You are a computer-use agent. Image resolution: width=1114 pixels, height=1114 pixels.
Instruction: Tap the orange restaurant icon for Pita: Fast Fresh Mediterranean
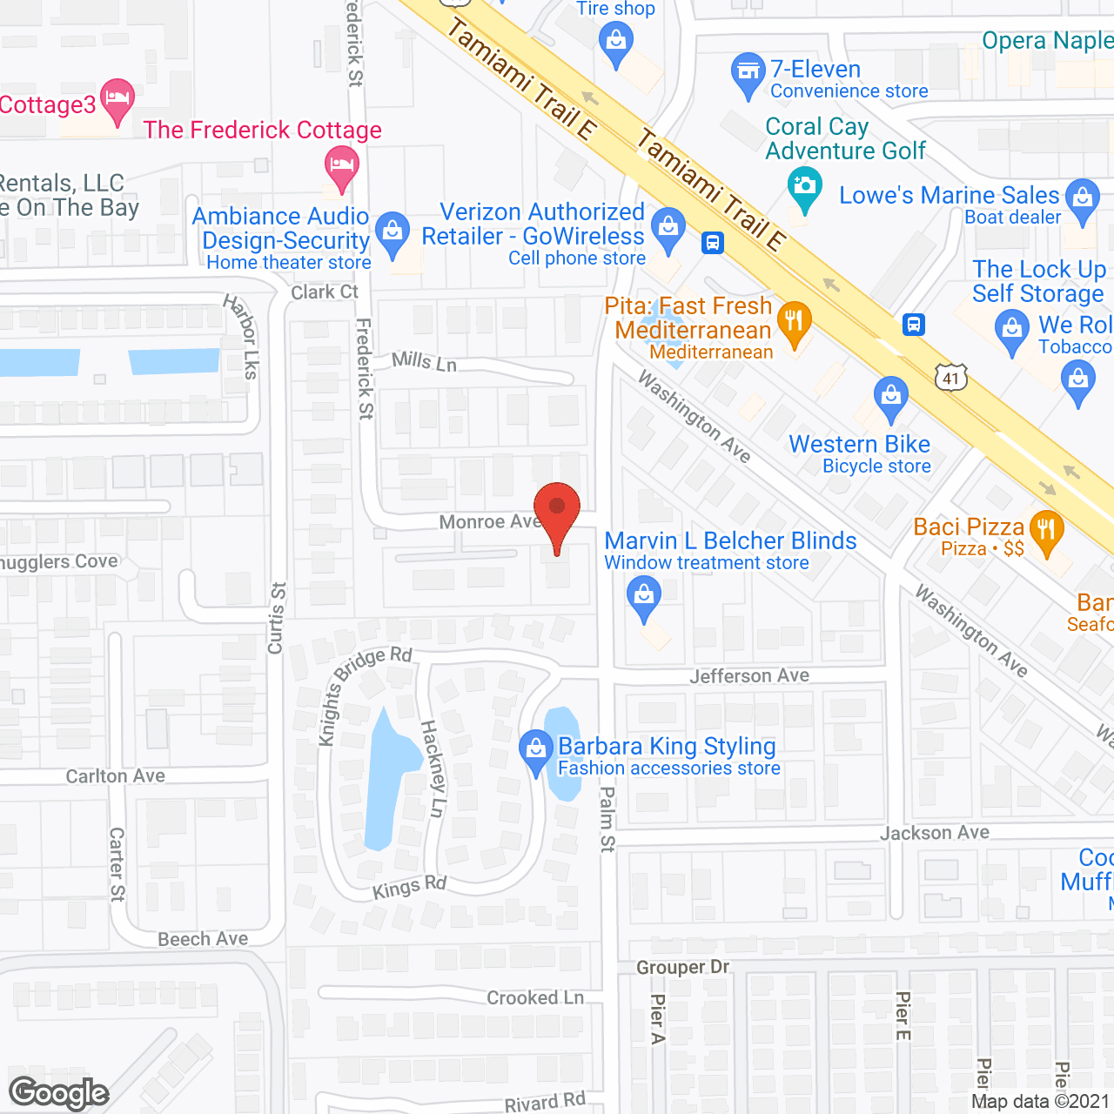click(x=794, y=323)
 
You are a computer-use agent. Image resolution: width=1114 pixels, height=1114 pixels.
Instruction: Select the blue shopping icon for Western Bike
click(x=890, y=398)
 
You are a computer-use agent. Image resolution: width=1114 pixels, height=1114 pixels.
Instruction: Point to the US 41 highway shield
click(x=951, y=378)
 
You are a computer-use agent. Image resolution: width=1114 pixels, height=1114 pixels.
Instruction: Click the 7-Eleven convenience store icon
click(x=748, y=73)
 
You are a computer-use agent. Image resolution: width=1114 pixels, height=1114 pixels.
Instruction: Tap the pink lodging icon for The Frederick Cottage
click(x=342, y=166)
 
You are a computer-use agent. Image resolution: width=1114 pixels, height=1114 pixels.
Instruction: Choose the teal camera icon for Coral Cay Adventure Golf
click(x=805, y=188)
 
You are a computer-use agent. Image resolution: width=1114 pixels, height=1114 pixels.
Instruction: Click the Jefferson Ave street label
click(x=749, y=676)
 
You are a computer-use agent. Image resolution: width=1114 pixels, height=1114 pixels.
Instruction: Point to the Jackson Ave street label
click(x=934, y=833)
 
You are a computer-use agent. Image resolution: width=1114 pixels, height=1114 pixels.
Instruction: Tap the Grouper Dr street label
click(x=682, y=967)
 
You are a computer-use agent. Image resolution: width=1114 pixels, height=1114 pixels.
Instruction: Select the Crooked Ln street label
click(x=534, y=997)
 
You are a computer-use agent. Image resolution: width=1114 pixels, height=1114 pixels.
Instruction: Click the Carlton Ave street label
click(x=115, y=775)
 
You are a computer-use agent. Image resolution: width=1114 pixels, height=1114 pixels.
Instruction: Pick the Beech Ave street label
click(x=203, y=939)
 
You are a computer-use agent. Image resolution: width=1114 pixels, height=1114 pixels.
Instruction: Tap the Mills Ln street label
click(x=424, y=360)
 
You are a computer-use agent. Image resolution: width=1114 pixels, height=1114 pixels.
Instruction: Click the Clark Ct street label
click(x=324, y=292)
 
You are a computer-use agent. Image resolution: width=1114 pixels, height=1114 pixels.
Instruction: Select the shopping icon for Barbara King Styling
click(x=535, y=750)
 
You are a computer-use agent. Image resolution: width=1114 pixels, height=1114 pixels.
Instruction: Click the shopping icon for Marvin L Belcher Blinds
click(x=644, y=598)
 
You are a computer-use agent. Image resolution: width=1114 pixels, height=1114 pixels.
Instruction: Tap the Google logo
click(x=58, y=1093)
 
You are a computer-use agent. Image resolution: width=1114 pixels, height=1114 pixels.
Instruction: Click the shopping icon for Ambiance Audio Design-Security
click(x=393, y=232)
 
